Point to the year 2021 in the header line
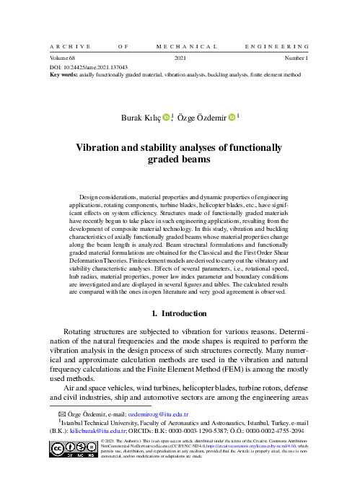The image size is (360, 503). tap(180, 57)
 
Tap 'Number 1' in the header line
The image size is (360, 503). tap(297, 57)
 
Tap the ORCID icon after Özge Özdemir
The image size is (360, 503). tap(232, 115)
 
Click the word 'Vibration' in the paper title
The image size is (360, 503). tap(102, 146)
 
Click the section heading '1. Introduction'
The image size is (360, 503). tap(180, 314)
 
